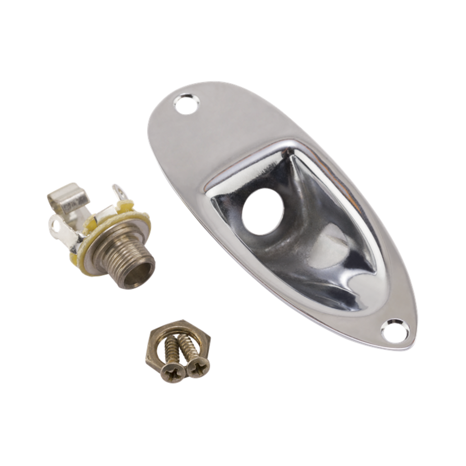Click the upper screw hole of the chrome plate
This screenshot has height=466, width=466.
[x=187, y=104]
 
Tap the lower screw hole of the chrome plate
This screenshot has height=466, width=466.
[x=395, y=331]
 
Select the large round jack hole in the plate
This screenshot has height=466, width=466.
[x=263, y=212]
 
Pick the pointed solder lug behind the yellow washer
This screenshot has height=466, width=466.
[x=119, y=193]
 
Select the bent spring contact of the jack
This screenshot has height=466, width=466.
[x=68, y=196]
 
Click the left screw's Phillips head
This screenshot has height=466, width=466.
[x=172, y=372]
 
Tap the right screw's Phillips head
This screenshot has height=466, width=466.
[x=198, y=367]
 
